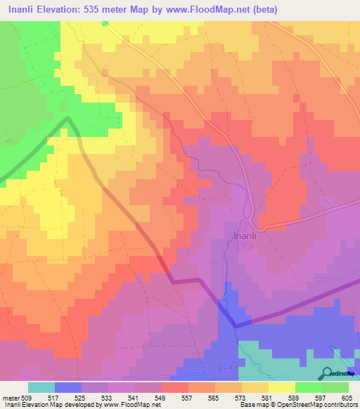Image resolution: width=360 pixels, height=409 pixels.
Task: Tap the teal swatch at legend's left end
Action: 41,387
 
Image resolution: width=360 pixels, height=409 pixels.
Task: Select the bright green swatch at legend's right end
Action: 335,387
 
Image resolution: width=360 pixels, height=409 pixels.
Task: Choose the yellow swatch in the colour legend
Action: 282,387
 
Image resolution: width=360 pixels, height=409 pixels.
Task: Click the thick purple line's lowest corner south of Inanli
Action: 235,326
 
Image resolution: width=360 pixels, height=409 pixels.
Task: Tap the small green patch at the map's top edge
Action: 105,23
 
